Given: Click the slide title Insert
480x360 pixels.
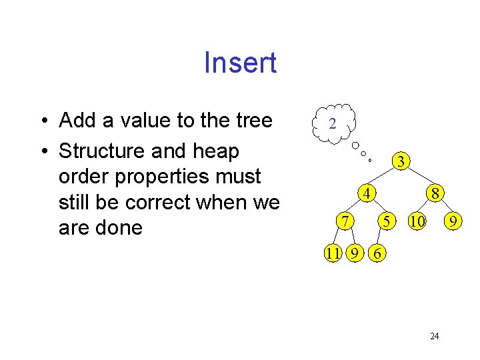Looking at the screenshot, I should click(x=240, y=63).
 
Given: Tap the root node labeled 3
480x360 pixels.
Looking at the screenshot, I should click(x=400, y=162).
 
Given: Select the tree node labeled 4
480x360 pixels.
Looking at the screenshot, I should click(x=365, y=195).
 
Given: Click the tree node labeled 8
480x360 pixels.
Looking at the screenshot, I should click(x=435, y=195).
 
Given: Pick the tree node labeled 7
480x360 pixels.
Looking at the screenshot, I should click(x=343, y=220).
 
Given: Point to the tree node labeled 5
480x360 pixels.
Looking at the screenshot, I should click(x=386, y=220).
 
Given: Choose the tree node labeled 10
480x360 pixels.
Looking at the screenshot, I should click(x=417, y=220).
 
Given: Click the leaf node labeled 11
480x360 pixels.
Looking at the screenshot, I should click(x=334, y=253).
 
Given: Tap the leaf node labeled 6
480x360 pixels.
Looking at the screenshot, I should click(x=378, y=253).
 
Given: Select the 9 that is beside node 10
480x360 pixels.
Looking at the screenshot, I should click(x=453, y=220).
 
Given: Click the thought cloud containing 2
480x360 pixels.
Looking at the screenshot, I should click(x=333, y=124).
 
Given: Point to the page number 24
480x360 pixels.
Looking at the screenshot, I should click(x=434, y=336).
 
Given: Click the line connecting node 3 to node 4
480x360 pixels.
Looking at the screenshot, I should click(x=383, y=178).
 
